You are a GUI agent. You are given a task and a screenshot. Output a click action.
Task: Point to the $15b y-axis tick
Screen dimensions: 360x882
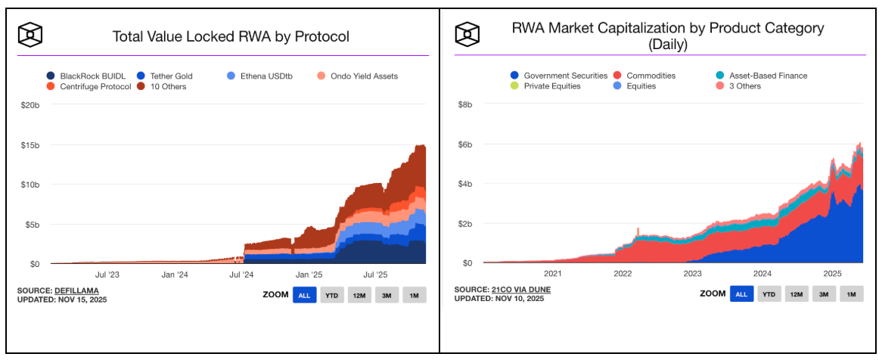coord(29,144)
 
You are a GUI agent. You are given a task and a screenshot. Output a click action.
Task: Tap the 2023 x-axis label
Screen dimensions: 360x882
coord(692,274)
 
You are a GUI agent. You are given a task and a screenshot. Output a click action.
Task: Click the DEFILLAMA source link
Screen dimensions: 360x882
coord(76,290)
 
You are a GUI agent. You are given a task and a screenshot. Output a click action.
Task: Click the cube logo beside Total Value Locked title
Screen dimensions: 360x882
coord(30,34)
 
